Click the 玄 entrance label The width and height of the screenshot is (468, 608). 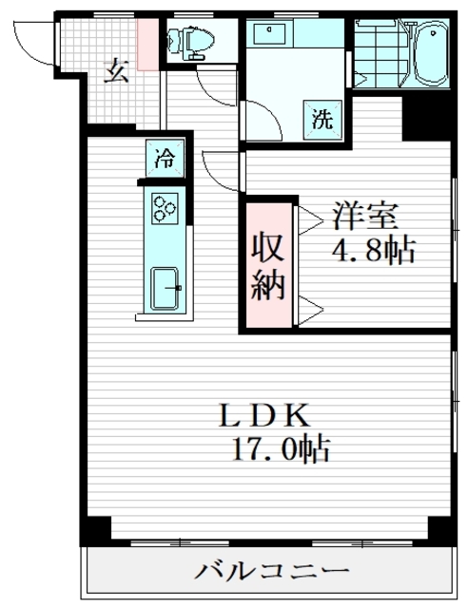click(115, 71)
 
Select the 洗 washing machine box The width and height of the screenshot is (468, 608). click(322, 121)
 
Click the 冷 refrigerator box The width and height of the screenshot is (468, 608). click(165, 158)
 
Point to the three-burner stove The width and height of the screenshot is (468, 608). click(165, 208)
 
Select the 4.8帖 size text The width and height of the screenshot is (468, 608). click(373, 251)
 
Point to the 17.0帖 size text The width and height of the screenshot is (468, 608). click(278, 447)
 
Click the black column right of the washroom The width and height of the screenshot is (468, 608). click(417, 115)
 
